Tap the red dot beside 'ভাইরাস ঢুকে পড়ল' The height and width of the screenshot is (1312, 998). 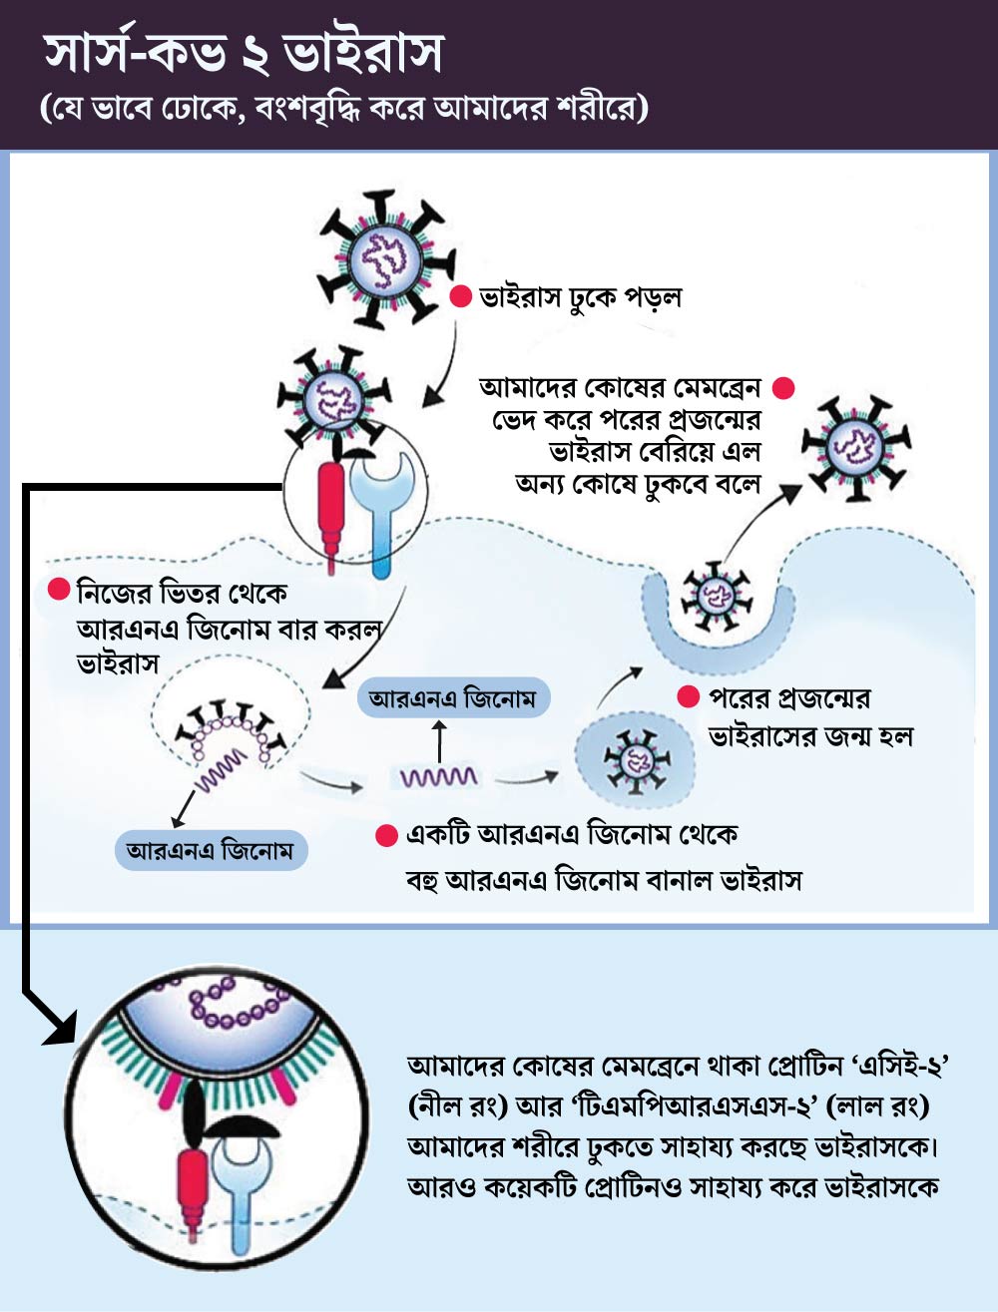coord(460,296)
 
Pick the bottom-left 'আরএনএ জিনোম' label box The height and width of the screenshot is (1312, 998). coord(211,852)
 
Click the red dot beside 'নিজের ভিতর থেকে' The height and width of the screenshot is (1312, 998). coord(59,591)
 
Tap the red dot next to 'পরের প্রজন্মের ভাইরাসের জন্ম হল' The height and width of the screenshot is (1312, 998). coord(688,697)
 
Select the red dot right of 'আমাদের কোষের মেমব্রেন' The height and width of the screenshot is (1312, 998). coord(783,388)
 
